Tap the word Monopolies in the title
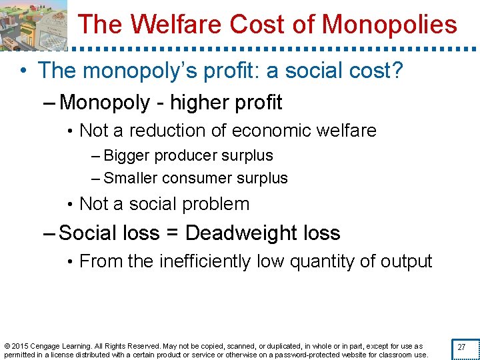pos(390,25)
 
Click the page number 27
pos(461,347)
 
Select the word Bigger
pos(127,156)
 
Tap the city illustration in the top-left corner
pos(34,25)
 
